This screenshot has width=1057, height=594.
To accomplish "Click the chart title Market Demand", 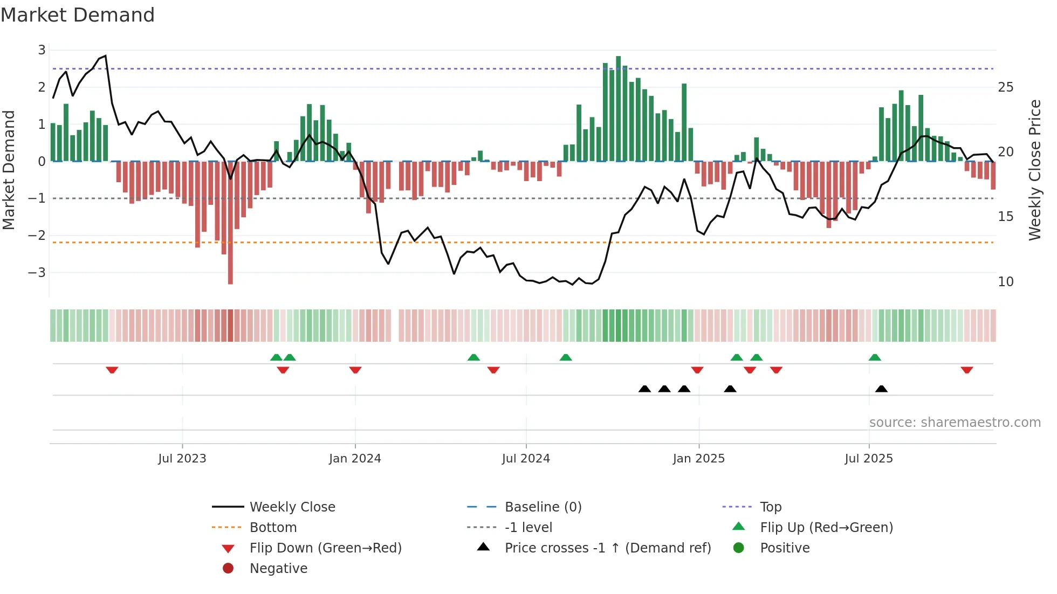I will [78, 15].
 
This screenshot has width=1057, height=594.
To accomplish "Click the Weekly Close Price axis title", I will [1034, 170].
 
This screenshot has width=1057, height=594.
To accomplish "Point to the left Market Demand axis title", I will [9, 170].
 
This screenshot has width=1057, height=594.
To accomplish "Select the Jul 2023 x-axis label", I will [182, 459].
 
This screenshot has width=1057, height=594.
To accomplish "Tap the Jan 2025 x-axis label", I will [698, 459].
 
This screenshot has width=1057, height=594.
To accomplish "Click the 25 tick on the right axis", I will [1005, 87].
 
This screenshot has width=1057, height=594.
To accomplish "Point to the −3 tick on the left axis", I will [37, 273].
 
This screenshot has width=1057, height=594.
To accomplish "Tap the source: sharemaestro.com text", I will [955, 423].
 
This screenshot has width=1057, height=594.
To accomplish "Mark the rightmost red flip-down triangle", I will [966, 370].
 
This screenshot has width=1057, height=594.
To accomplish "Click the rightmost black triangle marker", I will [881, 389].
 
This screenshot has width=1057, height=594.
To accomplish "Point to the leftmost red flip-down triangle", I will [112, 370].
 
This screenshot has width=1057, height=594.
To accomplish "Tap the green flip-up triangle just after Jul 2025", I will [875, 357].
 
